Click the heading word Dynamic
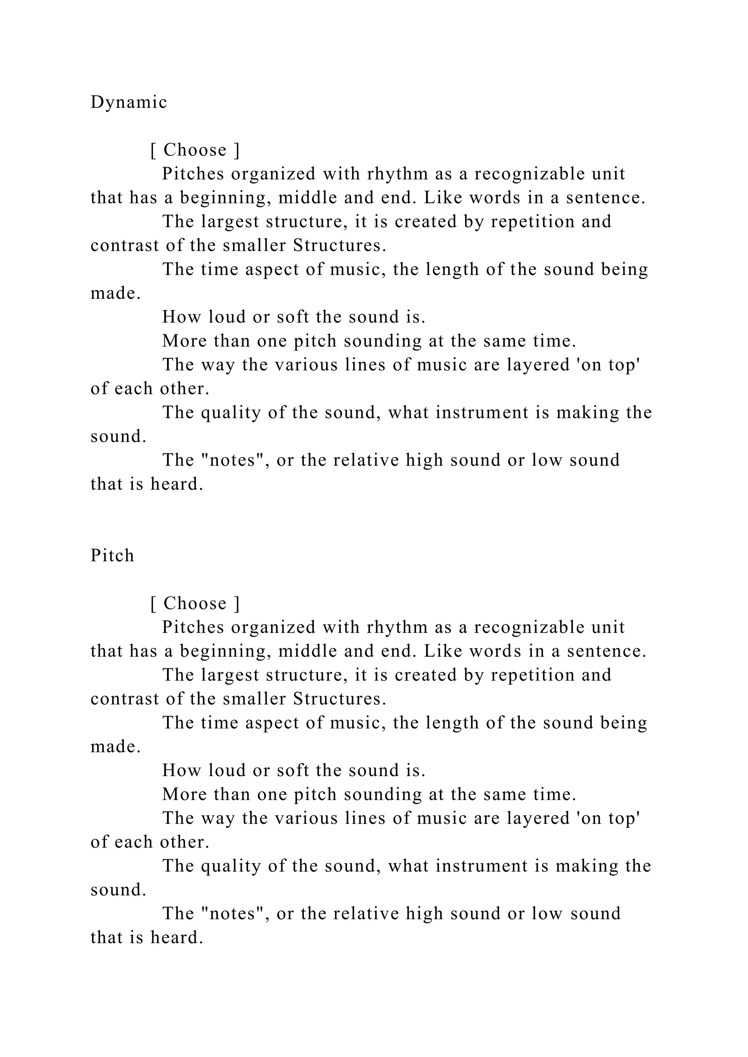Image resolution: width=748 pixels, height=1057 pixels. coord(129,102)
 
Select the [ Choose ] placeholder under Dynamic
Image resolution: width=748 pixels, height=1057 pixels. coord(195,150)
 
